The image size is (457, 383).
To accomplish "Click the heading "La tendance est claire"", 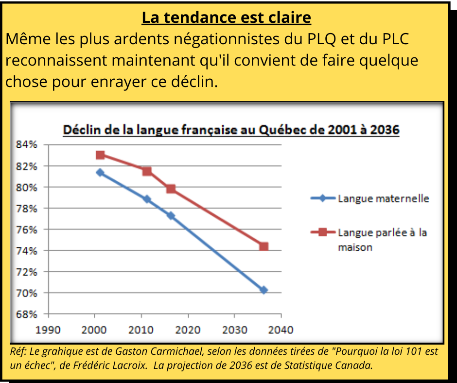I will [226, 17].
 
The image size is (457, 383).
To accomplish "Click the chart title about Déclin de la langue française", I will [231, 130].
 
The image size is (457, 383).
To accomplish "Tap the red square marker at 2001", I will [100, 155].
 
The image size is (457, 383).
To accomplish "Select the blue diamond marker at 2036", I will [264, 290].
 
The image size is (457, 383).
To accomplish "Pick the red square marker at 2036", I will [264, 246].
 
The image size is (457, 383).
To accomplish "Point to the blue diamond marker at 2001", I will [100, 173].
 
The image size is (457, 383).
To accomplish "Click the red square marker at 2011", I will [147, 171].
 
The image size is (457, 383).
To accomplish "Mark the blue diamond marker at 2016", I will [171, 215].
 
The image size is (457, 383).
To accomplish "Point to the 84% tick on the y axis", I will [27, 145].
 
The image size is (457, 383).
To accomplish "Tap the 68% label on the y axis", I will [27, 314].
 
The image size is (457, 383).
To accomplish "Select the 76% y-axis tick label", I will [27, 229].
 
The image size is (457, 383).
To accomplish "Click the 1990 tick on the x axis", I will [48, 331].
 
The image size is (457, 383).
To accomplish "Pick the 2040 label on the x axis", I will [281, 331].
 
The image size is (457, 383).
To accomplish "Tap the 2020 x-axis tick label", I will [188, 331].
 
